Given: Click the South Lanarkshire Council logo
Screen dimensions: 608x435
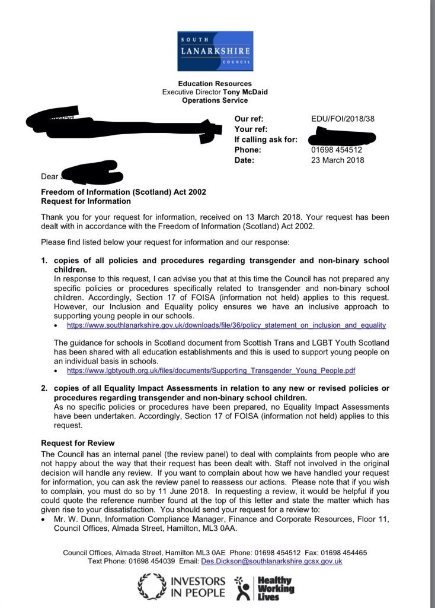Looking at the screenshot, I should pyautogui.click(x=216, y=51).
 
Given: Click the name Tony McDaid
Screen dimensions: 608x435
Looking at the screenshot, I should pyautogui.click(x=245, y=92).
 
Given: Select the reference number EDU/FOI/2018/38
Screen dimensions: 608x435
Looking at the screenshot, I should pyautogui.click(x=343, y=119).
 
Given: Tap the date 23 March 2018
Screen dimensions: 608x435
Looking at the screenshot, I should pyautogui.click(x=338, y=160).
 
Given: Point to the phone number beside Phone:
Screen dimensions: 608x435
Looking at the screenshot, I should pyautogui.click(x=337, y=150).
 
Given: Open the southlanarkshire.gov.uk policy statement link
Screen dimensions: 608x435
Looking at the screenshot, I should pyautogui.click(x=226, y=325).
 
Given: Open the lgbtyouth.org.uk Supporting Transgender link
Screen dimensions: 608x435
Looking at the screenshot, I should pyautogui.click(x=211, y=370).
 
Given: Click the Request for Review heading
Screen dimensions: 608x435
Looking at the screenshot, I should pyautogui.click(x=78, y=443).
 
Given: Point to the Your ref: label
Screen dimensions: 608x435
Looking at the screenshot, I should pyautogui.click(x=251, y=129).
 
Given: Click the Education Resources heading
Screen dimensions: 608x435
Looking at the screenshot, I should pyautogui.click(x=215, y=84).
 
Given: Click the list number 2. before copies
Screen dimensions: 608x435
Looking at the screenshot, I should pyautogui.click(x=44, y=388).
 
